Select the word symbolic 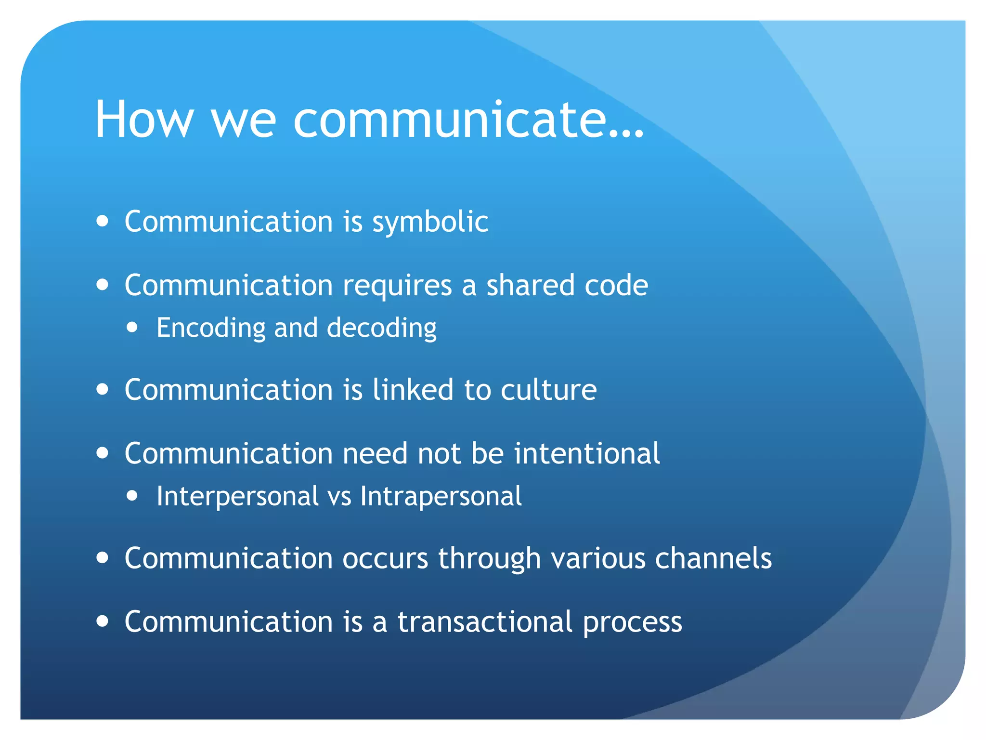click(x=430, y=223)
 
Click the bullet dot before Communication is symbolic click(x=102, y=221)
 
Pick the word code click(x=616, y=285)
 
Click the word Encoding click(x=211, y=329)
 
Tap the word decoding click(x=381, y=329)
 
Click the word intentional click(x=587, y=453)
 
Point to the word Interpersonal click(x=237, y=497)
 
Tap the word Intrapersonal click(x=441, y=497)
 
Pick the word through click(x=489, y=559)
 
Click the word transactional click(x=485, y=622)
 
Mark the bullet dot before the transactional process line click(x=102, y=621)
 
